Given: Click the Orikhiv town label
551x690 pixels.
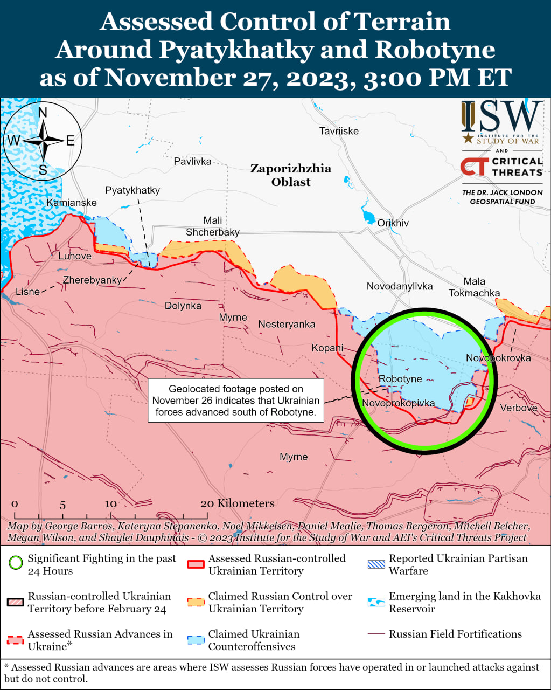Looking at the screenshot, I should tap(393, 223).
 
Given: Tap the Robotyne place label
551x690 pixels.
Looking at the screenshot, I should tap(400, 379).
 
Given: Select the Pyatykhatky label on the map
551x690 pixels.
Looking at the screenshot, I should tap(132, 190).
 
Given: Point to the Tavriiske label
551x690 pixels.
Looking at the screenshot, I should tap(338, 131).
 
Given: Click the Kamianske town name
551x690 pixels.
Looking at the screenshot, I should tap(72, 203).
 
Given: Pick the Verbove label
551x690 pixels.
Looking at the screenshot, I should tap(518, 408).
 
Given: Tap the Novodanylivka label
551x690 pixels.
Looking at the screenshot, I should tap(399, 286).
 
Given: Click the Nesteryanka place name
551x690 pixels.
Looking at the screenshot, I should tap(287, 324).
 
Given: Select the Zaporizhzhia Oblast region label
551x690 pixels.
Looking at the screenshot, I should tap(291, 175).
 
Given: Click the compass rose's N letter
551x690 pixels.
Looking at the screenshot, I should tap(43, 113).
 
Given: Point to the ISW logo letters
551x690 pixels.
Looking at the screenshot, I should tap(501, 117).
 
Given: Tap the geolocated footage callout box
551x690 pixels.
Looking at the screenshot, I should tap(236, 401).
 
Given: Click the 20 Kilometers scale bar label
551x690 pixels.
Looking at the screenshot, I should tap(237, 503).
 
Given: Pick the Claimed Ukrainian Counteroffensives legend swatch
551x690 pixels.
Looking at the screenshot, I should tap(196, 640).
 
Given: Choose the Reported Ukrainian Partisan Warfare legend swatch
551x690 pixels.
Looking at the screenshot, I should tap(376, 564).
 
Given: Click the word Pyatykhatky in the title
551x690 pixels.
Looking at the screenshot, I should tap(236, 50).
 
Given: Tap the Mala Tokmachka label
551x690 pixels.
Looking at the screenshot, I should tap(474, 287).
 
